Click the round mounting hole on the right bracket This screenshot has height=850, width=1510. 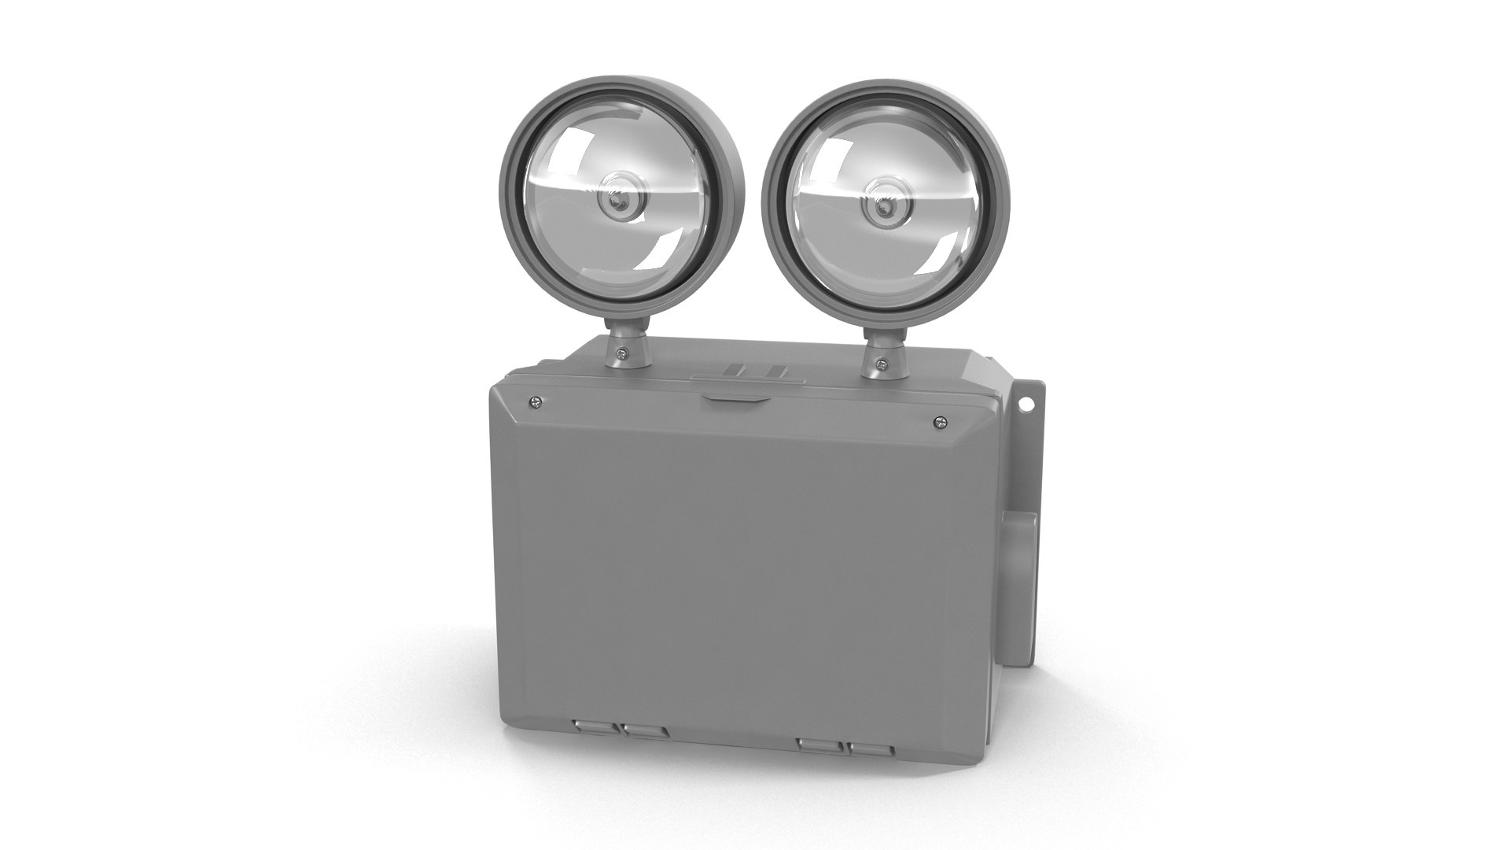point(1025,405)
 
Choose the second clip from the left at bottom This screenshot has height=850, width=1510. point(644,731)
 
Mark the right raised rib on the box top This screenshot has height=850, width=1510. point(775,373)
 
